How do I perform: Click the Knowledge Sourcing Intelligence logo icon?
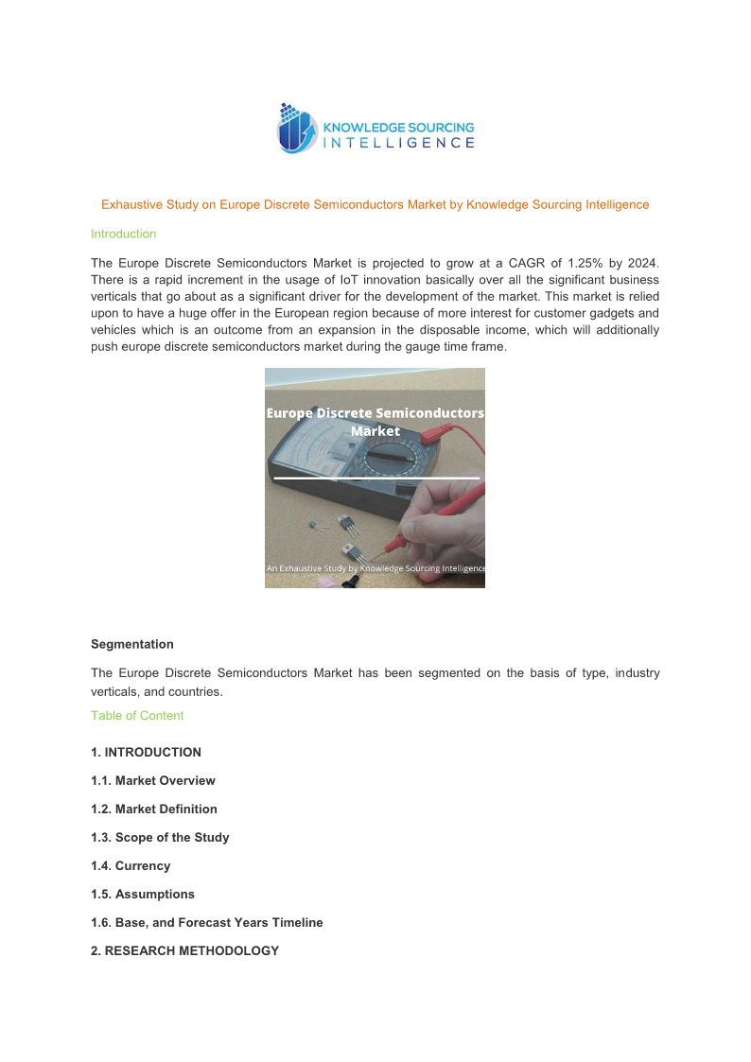(296, 129)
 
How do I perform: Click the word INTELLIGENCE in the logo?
(399, 143)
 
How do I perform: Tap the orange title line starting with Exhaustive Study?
(375, 204)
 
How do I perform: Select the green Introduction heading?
(123, 234)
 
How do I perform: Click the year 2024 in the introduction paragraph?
(642, 262)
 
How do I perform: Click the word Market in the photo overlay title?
(375, 431)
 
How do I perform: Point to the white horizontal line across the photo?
(376, 479)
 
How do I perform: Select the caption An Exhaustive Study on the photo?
(375, 568)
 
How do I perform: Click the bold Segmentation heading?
(132, 644)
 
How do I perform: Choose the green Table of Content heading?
(137, 716)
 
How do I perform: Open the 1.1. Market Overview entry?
(153, 781)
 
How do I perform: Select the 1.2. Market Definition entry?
(154, 810)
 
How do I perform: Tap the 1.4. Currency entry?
(131, 866)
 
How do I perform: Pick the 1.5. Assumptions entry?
(143, 895)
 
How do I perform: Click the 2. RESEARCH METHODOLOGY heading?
(185, 951)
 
